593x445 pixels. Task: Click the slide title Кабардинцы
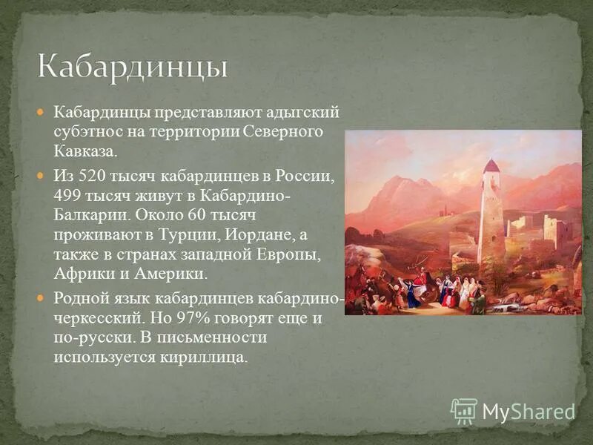click(x=133, y=66)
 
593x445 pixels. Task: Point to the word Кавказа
click(x=85, y=151)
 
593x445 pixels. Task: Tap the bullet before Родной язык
click(x=42, y=298)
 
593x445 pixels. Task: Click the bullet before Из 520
click(x=42, y=177)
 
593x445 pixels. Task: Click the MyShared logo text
click(x=529, y=412)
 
